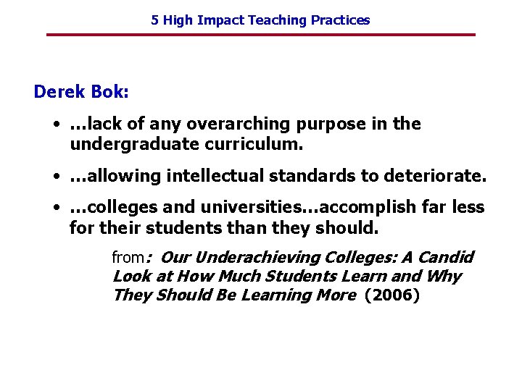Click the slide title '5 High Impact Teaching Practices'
point(260,20)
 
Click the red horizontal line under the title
point(260,35)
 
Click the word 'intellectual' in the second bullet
point(208,176)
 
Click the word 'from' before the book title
point(128,257)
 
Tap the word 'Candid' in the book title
point(446,257)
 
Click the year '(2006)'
point(392,295)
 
